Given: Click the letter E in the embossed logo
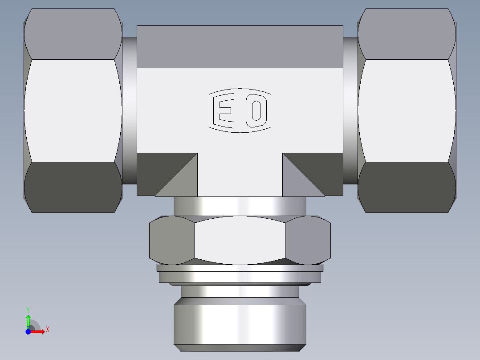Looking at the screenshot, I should point(224,110).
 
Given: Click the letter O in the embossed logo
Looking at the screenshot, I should point(256,110).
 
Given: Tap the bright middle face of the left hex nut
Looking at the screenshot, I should point(73,110).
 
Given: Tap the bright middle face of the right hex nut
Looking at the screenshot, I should point(406,110).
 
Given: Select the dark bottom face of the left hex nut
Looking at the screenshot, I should point(73,187).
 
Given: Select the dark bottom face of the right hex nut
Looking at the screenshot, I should point(406,187).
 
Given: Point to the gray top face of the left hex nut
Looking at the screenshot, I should point(73,34).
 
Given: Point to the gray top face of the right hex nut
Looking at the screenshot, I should point(406,34).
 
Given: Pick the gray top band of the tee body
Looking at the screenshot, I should point(240,47).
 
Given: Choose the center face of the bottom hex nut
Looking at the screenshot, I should point(240,241).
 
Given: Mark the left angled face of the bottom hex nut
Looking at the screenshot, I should point(171,241).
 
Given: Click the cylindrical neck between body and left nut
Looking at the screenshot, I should point(130,110).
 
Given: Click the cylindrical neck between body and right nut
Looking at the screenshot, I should point(350,110).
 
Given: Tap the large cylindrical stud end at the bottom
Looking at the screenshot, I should point(240,324).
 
